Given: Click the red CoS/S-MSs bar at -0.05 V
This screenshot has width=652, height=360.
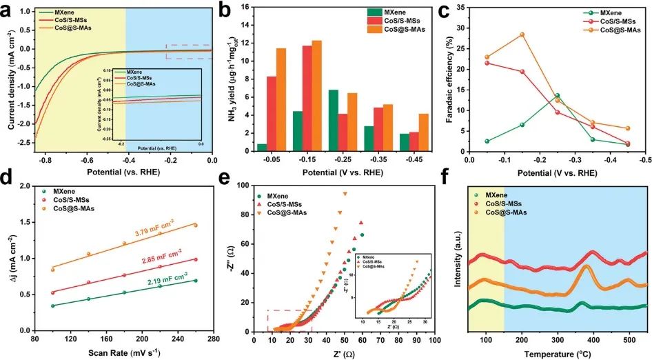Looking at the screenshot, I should [x=272, y=113].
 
